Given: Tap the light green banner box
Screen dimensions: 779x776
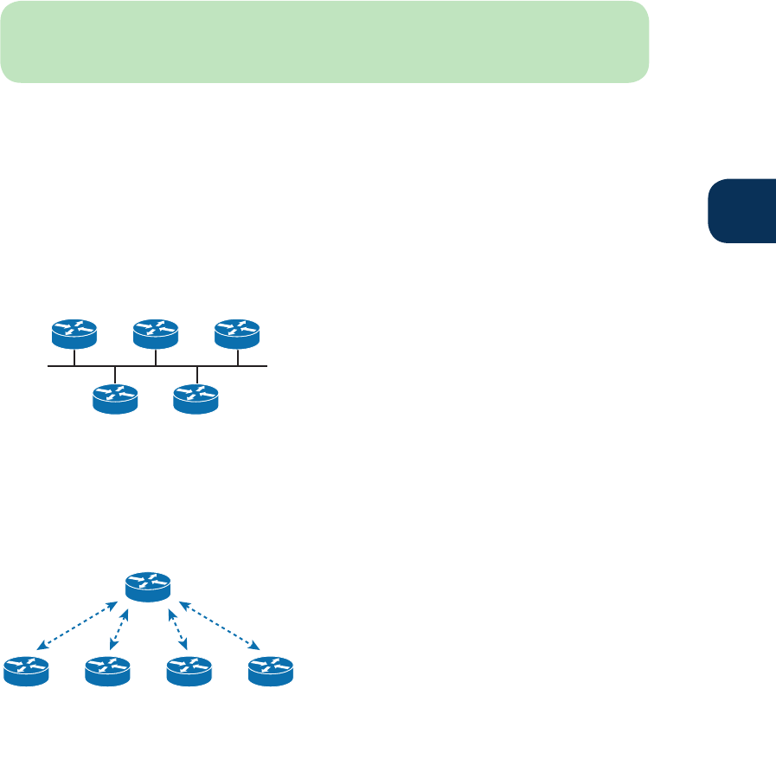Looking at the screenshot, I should pos(324,42).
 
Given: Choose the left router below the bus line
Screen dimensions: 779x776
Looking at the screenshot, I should pos(115,399).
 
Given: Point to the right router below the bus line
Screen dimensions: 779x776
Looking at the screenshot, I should pos(196,399).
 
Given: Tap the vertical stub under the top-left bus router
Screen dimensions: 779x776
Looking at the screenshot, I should pos(74,357).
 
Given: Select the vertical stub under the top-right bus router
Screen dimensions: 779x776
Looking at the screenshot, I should pos(237,357).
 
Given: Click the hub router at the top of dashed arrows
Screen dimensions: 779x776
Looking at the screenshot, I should pos(148,586).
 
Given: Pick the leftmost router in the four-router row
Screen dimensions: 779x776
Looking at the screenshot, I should pos(26,672).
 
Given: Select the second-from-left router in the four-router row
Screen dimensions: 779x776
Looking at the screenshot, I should pos(107,672).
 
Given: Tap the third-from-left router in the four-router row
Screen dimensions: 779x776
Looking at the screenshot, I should pos(189,672).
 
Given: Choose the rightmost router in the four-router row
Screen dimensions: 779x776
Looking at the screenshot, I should pos(271,672).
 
